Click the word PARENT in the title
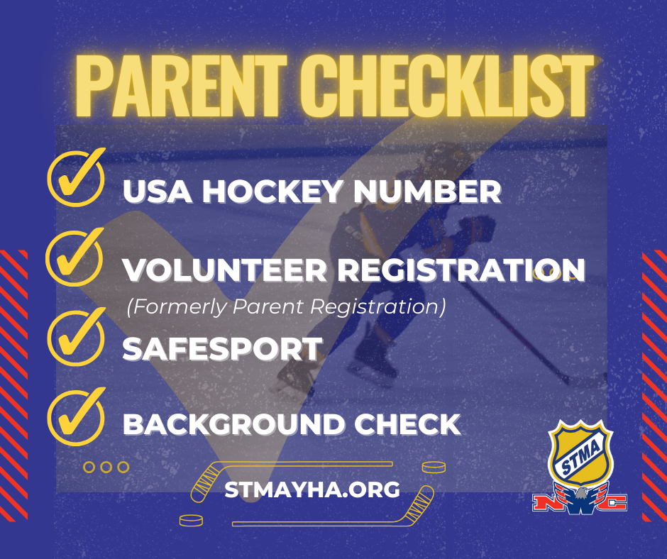click(x=177, y=86)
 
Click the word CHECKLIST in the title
click(x=446, y=86)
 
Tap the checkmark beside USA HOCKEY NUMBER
click(x=77, y=177)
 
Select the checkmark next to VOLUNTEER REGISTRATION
click(x=75, y=257)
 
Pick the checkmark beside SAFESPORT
click(x=77, y=337)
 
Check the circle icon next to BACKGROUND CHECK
click(x=77, y=416)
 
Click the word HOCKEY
click(x=272, y=191)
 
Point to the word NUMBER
click(x=427, y=191)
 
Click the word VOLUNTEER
click(x=225, y=270)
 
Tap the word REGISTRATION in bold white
click(x=462, y=270)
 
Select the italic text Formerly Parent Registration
click(x=286, y=306)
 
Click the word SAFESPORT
click(x=222, y=349)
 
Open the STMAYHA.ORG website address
click(x=312, y=489)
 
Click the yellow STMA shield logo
click(x=581, y=453)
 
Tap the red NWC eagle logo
click(x=580, y=499)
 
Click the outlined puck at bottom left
click(x=191, y=520)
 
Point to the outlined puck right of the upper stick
click(x=434, y=467)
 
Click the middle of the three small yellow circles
click(x=106, y=467)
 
